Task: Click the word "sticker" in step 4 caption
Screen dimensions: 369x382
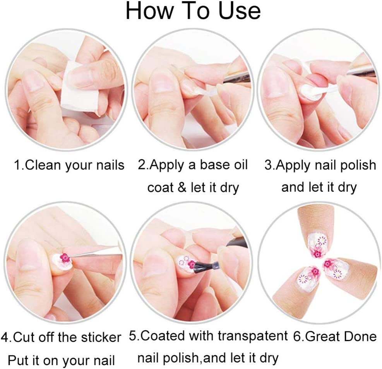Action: click(99, 337)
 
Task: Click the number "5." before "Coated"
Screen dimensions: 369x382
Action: click(134, 336)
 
